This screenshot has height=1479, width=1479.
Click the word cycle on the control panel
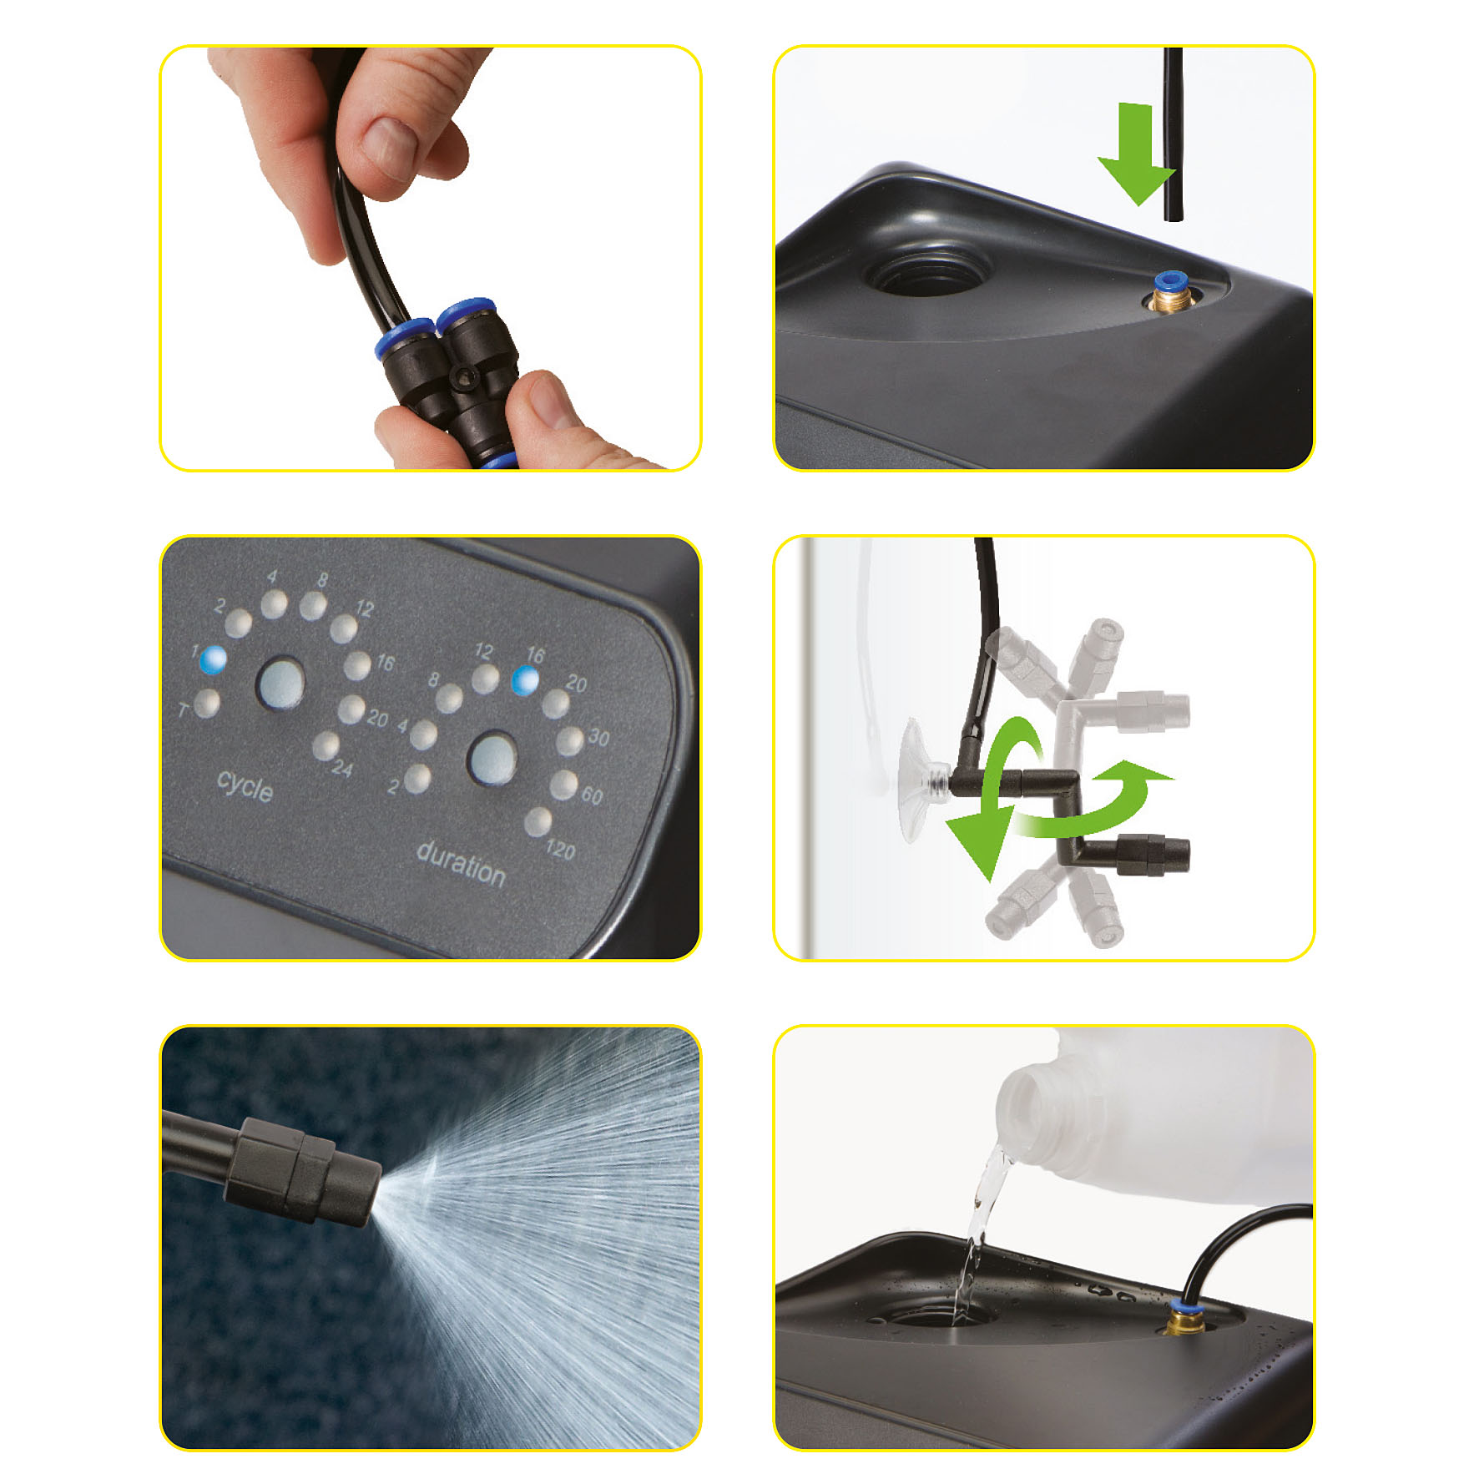point(245,785)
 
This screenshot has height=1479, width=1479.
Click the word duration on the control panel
point(461,863)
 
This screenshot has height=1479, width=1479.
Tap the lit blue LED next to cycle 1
point(213,659)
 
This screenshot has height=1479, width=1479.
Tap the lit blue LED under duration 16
point(525,680)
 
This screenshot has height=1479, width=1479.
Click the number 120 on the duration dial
point(560,850)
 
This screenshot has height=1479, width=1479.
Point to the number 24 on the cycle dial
point(341,767)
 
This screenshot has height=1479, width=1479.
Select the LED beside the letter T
point(207,703)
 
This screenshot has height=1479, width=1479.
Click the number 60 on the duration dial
point(592,795)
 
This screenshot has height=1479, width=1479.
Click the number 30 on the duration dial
point(598,737)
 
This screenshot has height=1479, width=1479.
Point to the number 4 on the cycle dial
point(272,577)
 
